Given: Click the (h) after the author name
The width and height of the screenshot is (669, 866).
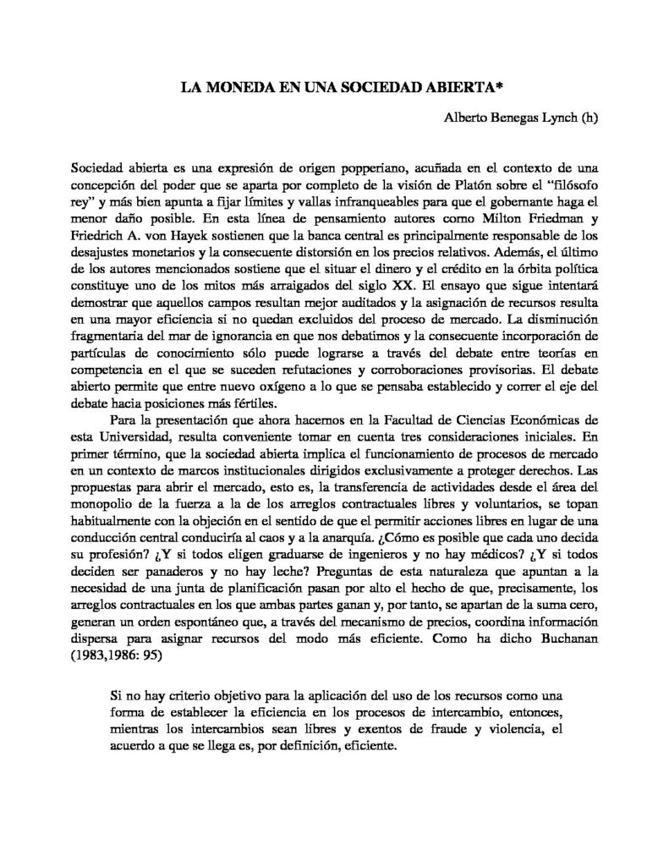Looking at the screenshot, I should pos(589,118).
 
